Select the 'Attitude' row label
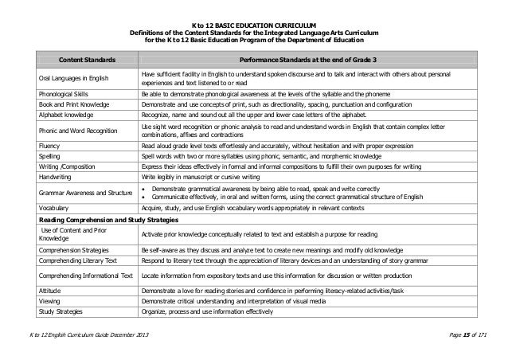click(50, 292)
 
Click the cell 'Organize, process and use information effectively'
click(207, 314)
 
